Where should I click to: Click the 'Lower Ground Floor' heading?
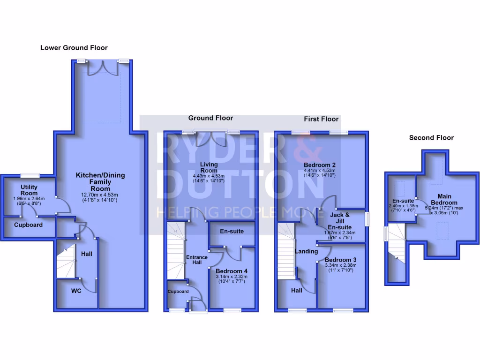[74, 48]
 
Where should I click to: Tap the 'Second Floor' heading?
[431, 138]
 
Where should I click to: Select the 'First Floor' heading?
[321, 119]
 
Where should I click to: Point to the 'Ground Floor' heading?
[210, 118]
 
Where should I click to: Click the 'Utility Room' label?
[29, 190]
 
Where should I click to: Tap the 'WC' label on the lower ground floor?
[76, 291]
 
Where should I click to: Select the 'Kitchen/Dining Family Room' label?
[100, 181]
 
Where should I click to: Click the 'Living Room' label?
[209, 167]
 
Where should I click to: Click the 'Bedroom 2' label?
[320, 165]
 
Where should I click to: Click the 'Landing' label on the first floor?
[307, 252]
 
